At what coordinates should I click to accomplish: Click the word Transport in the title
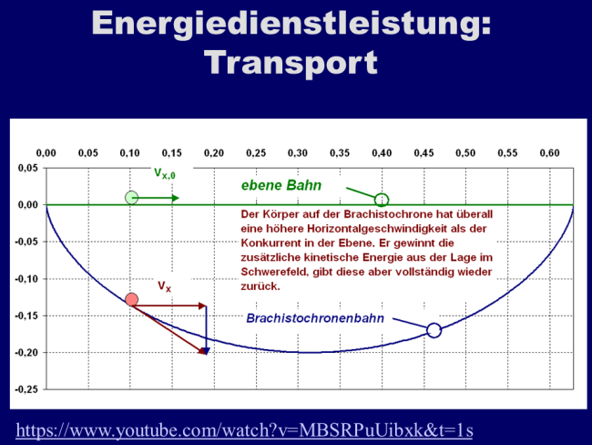[291, 63]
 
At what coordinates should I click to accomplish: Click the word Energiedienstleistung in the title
[291, 24]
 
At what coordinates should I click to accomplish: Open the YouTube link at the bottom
[244, 430]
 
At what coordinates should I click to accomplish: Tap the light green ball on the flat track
[131, 197]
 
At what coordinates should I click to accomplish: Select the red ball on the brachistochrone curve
[131, 299]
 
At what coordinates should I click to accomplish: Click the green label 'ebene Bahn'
[281, 185]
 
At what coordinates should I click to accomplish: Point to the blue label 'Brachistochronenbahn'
[315, 318]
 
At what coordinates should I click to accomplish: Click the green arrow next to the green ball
[156, 198]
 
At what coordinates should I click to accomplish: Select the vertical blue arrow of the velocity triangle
[206, 330]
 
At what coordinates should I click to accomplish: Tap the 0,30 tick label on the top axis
[298, 153]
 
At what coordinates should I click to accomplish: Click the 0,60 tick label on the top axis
[550, 153]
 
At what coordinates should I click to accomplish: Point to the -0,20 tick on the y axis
[26, 353]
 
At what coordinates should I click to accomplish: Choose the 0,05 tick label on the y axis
[28, 168]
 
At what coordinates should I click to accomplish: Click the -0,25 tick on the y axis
[26, 389]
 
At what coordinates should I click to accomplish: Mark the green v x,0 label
[165, 173]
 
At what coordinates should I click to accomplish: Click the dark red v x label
[165, 286]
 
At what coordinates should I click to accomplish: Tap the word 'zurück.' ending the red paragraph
[260, 286]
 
